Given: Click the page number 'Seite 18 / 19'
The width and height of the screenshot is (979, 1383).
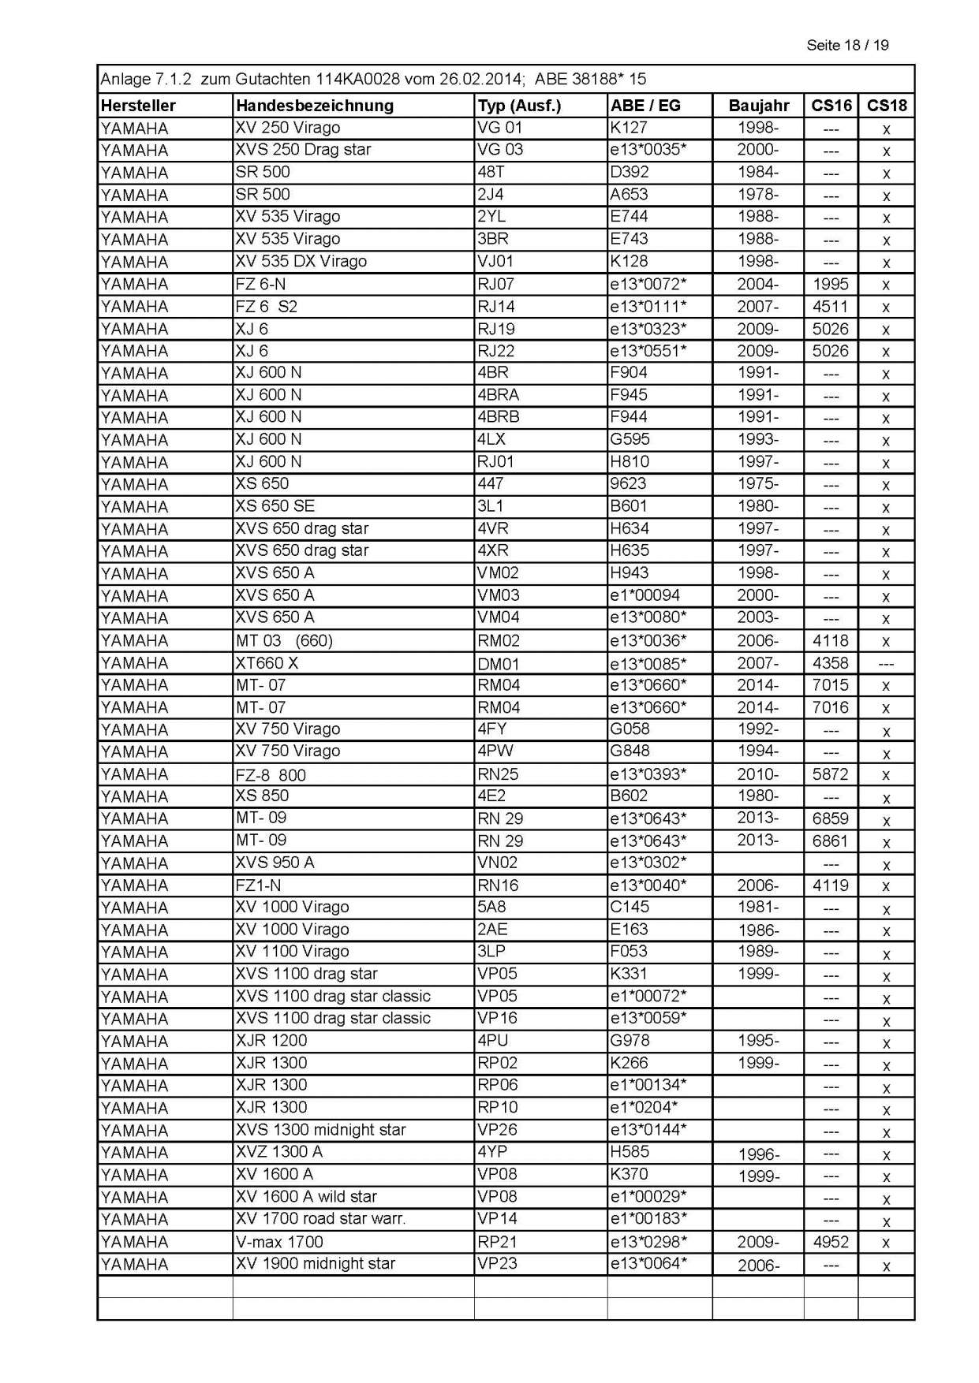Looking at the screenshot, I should point(846,45).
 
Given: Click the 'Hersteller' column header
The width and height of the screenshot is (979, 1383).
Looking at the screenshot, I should point(138,106).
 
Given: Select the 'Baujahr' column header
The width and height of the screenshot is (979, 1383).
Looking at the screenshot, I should point(758,106).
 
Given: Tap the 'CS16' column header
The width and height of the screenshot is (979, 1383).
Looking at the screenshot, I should point(831,106).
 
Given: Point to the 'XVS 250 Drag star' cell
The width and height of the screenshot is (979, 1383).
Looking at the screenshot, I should point(303,150).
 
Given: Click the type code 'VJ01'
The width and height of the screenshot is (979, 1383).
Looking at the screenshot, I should point(495,261).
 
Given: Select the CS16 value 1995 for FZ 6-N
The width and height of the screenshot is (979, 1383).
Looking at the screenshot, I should point(831,284).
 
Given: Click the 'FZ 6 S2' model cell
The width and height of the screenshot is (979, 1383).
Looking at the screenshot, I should point(266,306).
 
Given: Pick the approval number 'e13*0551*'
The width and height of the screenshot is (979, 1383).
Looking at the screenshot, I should point(648,351).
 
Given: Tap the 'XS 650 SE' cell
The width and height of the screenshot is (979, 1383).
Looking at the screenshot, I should point(275,506).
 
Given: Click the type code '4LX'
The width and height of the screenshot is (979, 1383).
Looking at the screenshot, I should point(493,439).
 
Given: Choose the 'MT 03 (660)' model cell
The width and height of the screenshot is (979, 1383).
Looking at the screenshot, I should point(284,640).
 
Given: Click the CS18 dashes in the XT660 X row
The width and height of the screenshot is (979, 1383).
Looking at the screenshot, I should point(886,664).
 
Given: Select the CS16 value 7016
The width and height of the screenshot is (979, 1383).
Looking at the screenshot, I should point(831,707).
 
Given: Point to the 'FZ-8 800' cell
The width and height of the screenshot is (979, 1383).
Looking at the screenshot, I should point(270,774).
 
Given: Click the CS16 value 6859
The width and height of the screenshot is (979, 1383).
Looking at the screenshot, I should point(831,818).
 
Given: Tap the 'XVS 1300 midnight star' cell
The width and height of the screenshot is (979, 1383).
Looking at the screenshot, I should point(320,1129).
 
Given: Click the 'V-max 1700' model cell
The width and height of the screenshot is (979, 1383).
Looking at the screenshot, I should point(279,1242).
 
